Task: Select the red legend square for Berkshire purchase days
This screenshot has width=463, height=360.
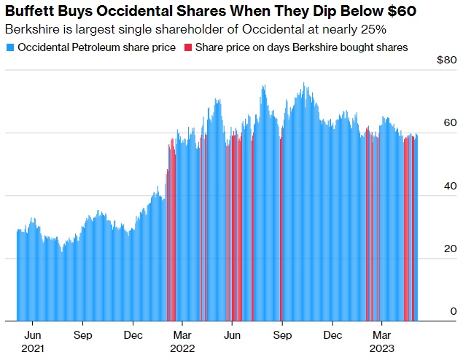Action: tap(188, 47)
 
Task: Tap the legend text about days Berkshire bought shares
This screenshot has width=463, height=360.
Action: tap(300, 47)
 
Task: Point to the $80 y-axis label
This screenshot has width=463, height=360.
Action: tap(446, 60)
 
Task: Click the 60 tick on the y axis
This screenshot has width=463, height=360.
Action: tap(451, 123)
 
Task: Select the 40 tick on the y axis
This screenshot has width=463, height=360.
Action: tap(451, 186)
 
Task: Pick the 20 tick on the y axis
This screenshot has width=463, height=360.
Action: tap(451, 249)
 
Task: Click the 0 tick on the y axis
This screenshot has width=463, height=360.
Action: tap(454, 311)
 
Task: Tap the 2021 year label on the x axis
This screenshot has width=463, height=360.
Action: tap(33, 348)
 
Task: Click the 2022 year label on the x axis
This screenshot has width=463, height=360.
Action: tap(183, 348)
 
